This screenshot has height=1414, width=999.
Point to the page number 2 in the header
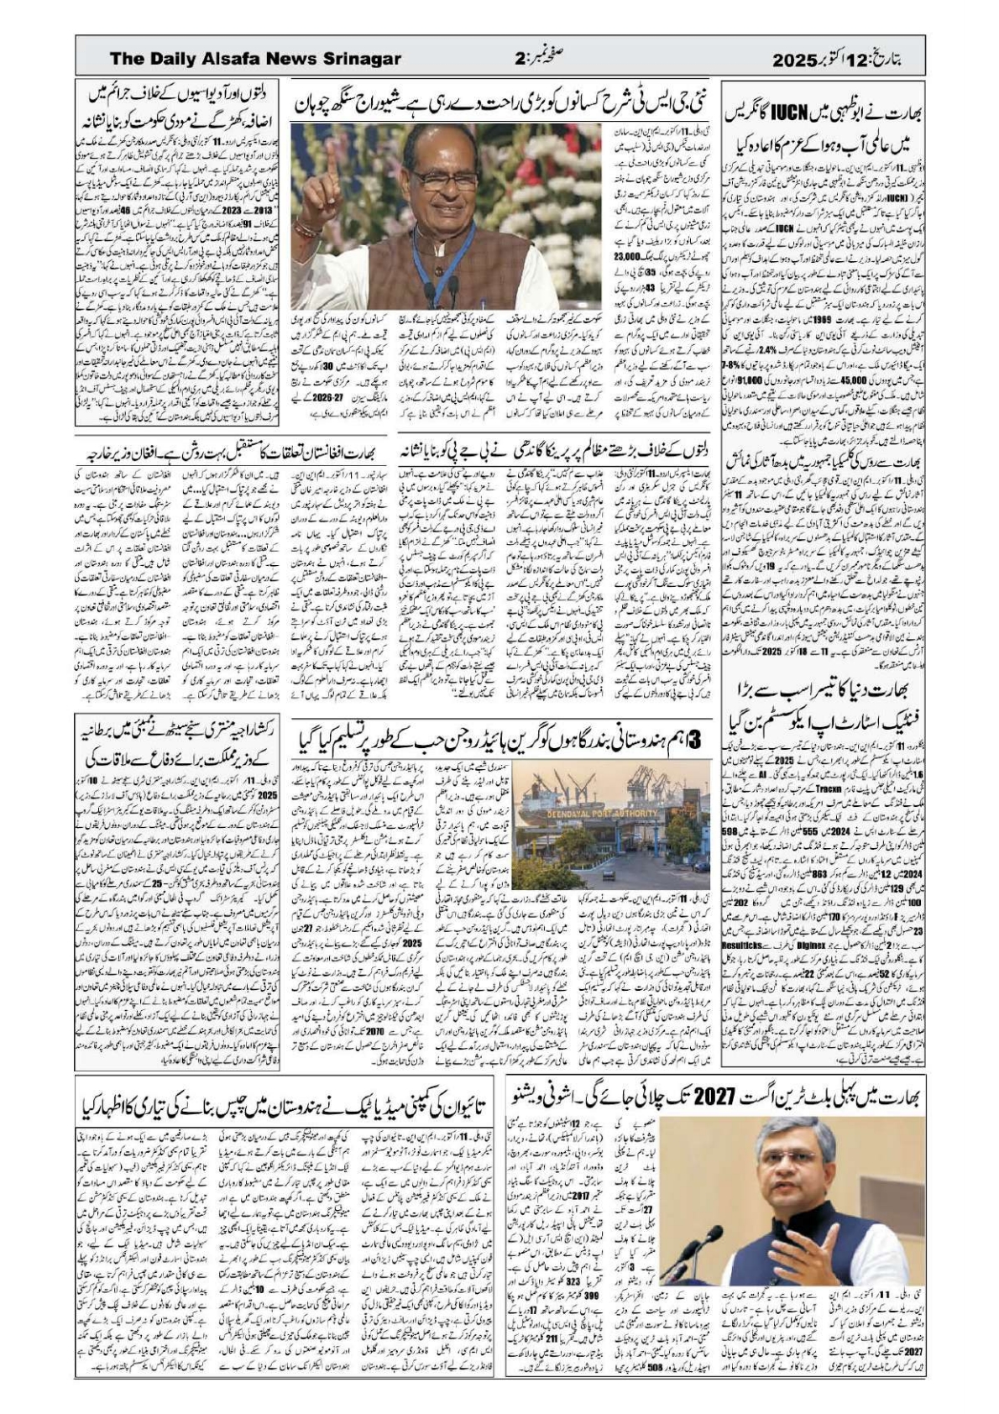click(x=520, y=60)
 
